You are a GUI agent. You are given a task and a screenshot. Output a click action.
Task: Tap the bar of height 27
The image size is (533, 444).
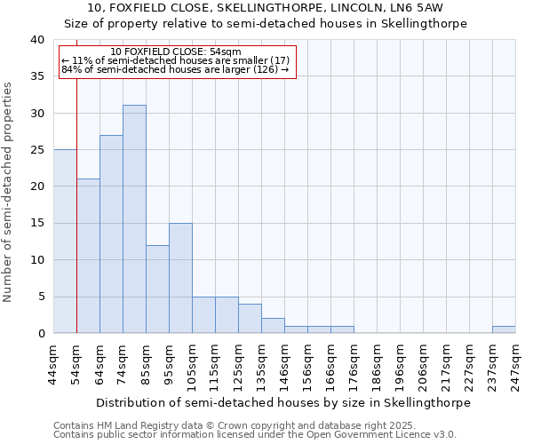[x=111, y=234]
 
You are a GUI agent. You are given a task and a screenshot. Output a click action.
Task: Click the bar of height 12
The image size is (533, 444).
[x=157, y=289]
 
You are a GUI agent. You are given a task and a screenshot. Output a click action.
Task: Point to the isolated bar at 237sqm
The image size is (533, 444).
[x=504, y=329]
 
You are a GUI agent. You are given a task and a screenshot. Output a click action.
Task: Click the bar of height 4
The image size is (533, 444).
[x=250, y=319]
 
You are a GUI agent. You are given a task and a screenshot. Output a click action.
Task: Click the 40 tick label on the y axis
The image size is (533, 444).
[x=36, y=40]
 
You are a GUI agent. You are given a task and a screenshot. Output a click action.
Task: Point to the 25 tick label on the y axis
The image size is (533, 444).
[x=36, y=150]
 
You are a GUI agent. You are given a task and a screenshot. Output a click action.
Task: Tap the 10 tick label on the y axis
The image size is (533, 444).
[x=36, y=260]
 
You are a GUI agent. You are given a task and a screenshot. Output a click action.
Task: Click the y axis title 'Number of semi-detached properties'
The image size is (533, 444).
[x=9, y=192]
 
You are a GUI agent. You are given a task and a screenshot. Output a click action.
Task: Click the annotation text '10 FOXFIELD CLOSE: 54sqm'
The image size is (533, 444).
[x=176, y=52]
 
